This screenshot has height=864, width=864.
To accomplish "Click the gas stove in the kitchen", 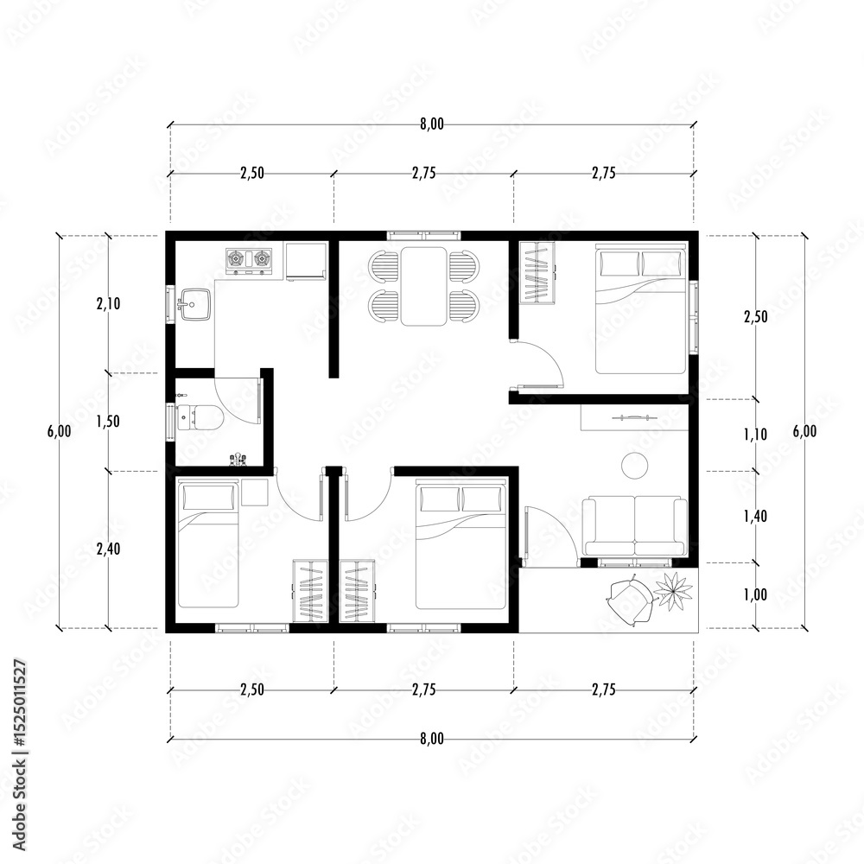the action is tap(249, 260).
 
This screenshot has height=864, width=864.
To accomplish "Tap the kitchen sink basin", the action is tap(194, 304).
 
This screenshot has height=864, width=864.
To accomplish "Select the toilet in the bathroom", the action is tap(200, 417).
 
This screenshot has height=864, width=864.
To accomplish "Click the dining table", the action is tap(423, 286).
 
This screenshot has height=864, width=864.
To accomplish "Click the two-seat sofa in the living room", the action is tap(635, 527).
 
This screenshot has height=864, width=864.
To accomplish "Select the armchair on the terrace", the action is tap(629, 600).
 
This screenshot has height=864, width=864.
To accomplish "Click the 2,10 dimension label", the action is tap(109, 303).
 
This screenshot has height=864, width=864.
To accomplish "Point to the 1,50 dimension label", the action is tap(109, 422).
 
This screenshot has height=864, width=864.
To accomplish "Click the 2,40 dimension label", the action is tap(109, 549).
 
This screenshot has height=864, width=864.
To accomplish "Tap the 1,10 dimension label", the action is tap(755, 435).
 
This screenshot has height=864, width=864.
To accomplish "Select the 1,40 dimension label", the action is tap(755, 517).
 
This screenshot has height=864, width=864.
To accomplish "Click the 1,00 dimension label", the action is tap(755, 594).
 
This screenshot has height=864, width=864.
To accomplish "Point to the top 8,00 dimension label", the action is tap(432, 124).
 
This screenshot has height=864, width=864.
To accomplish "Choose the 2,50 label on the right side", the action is tap(755, 317).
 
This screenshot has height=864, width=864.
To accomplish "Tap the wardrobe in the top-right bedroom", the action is tap(537, 272).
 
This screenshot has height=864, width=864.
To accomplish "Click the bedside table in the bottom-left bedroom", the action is tap(255, 492).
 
